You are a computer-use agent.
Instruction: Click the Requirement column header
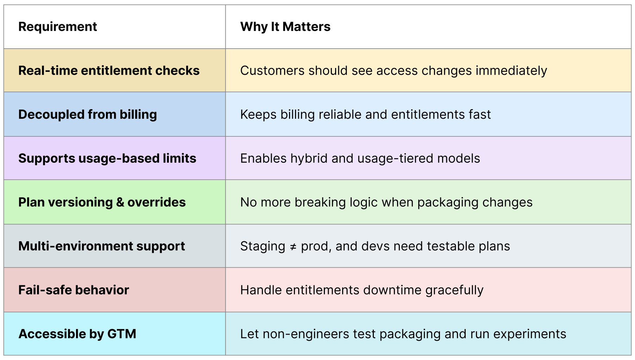[x=58, y=27]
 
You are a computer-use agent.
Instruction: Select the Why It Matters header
[x=285, y=27]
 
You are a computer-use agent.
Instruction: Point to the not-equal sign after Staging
[x=293, y=247]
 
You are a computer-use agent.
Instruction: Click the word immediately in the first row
[x=511, y=71]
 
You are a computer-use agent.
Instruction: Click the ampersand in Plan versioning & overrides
[x=120, y=203]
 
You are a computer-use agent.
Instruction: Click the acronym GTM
[x=122, y=334]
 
